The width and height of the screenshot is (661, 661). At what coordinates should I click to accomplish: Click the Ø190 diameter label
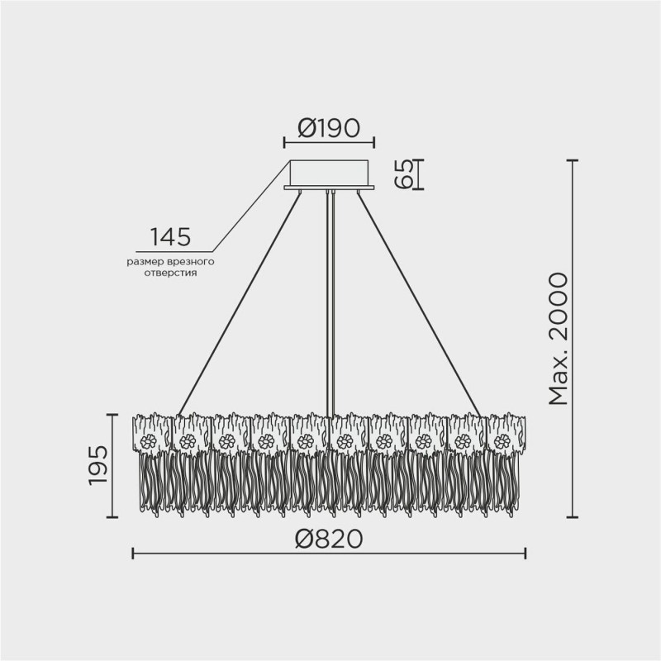[328, 128]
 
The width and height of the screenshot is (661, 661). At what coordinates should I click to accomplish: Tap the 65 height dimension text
[404, 174]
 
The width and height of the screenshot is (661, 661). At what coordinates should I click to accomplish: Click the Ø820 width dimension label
[328, 540]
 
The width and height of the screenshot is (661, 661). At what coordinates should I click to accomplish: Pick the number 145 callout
[170, 237]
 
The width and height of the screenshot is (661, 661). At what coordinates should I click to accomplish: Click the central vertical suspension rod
[330, 297]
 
